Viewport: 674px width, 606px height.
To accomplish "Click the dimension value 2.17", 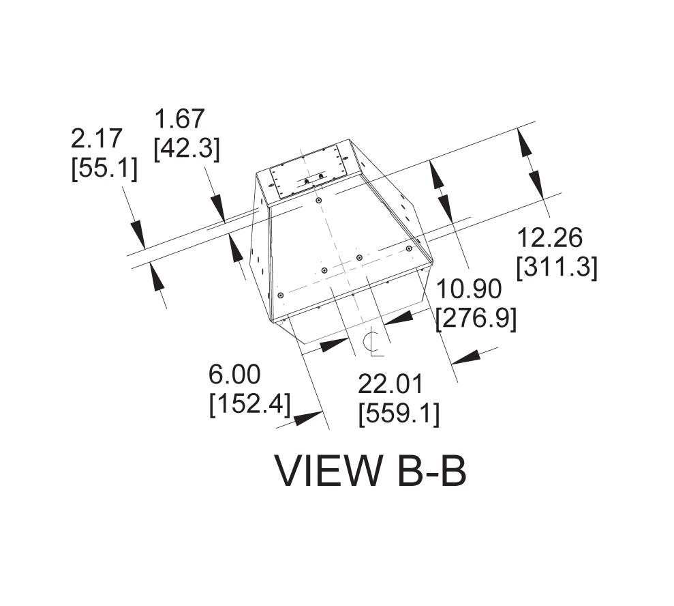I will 97,139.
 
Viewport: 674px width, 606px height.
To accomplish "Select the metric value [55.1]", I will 104,168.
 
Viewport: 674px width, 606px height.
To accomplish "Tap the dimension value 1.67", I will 180,119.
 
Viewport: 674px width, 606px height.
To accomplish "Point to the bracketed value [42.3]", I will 187,148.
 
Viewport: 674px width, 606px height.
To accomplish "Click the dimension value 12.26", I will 549,238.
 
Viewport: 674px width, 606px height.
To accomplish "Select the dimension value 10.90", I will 468,289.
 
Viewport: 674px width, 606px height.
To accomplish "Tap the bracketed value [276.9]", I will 476,318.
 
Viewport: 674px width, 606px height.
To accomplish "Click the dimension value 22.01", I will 391,384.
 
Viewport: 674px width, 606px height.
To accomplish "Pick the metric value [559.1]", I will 399,414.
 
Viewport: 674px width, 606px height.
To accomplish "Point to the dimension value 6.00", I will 234,374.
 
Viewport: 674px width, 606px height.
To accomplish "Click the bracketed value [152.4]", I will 249,404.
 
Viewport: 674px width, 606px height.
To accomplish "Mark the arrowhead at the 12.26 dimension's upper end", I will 525,143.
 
